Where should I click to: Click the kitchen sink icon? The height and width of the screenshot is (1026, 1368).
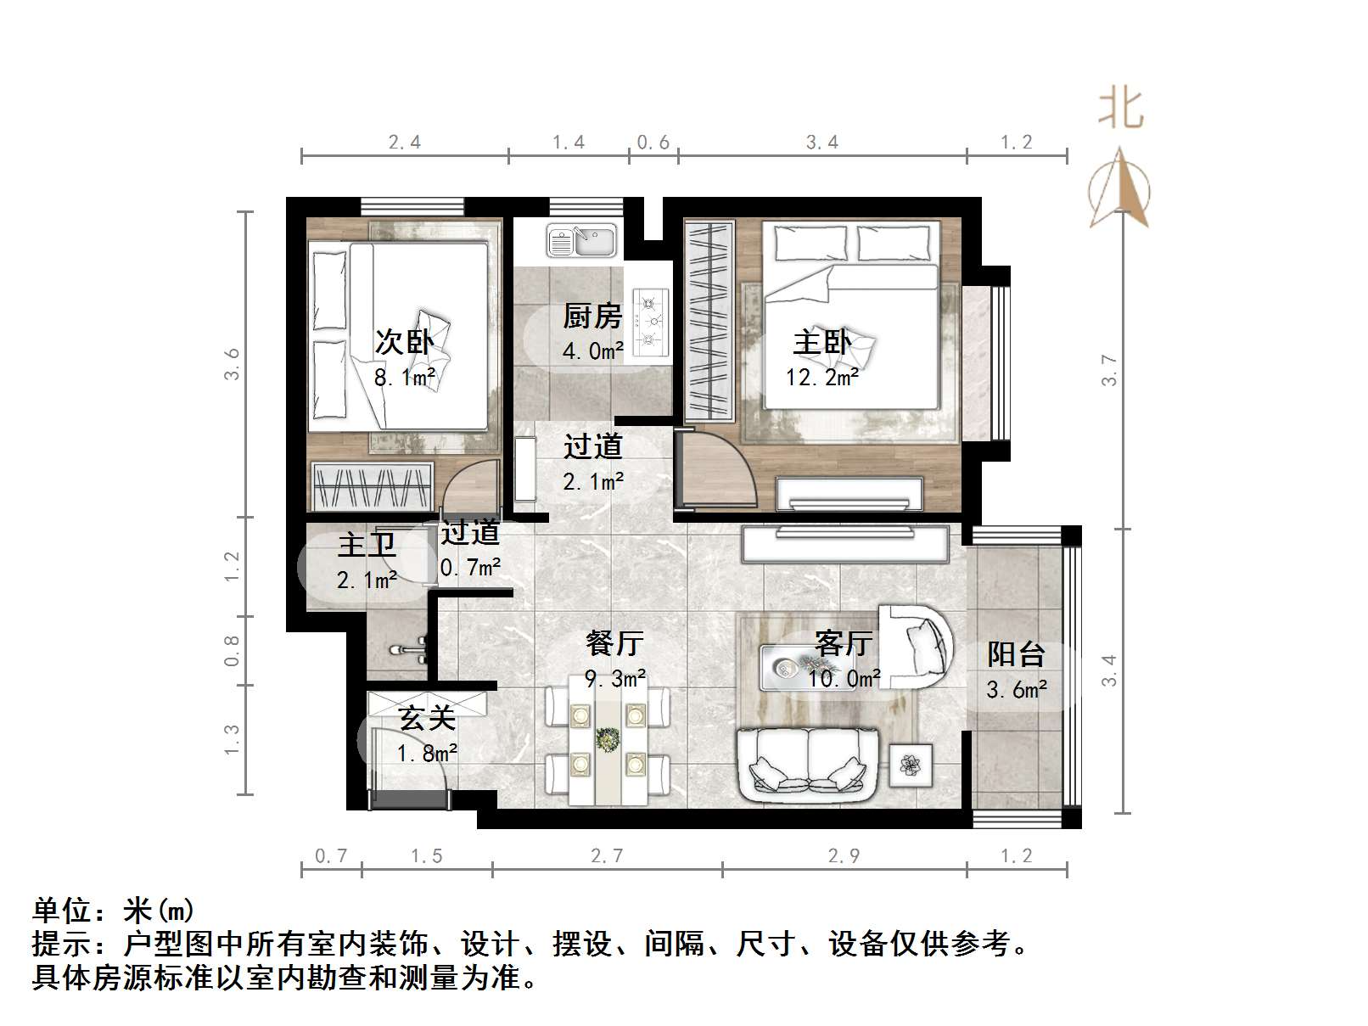click(x=581, y=240)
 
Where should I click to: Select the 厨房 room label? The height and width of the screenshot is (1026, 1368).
click(x=592, y=317)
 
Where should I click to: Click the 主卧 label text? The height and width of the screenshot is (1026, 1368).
click(x=821, y=343)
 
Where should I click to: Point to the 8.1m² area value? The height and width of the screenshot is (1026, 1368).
click(x=405, y=377)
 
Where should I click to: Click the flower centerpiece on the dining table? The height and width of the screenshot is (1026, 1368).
click(x=608, y=740)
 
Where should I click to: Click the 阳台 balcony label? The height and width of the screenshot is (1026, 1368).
click(x=1016, y=654)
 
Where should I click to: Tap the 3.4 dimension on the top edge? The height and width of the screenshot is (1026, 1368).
click(x=821, y=143)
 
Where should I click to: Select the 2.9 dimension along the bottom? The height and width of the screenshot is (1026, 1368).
click(x=844, y=856)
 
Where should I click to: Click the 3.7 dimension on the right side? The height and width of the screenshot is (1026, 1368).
click(x=1109, y=370)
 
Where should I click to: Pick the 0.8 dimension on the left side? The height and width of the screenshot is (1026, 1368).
click(x=232, y=650)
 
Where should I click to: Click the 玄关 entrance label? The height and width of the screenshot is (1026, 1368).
click(x=428, y=719)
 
